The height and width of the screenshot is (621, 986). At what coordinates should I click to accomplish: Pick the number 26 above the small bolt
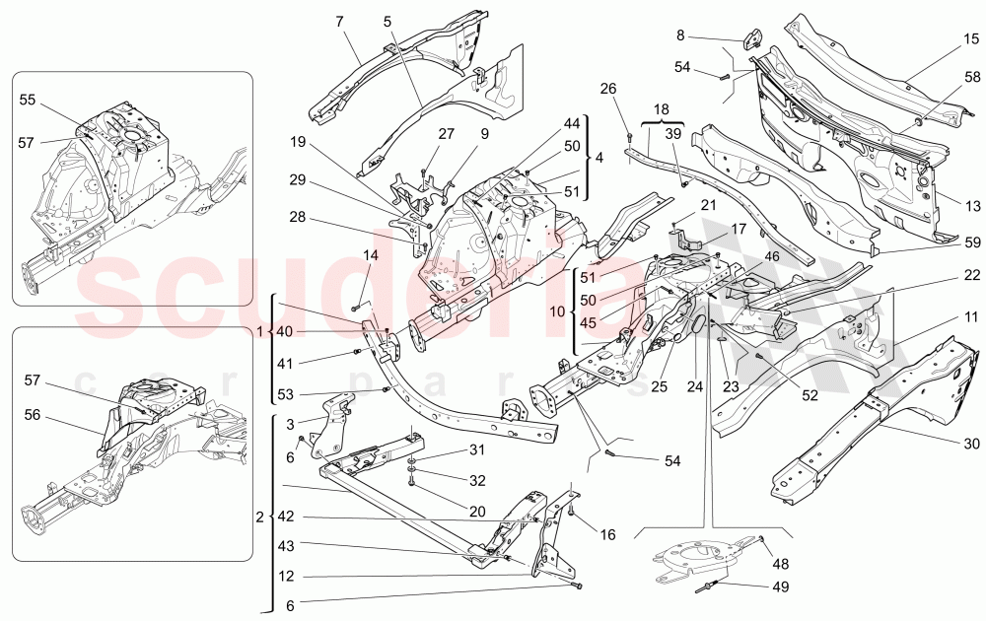click(x=608, y=88)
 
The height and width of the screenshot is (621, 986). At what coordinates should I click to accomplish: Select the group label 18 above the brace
click(x=660, y=109)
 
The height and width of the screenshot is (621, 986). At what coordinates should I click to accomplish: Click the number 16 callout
click(x=606, y=534)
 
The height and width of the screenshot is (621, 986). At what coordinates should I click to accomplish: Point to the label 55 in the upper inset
click(x=28, y=100)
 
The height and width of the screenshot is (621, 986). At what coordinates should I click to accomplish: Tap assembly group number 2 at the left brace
click(x=259, y=517)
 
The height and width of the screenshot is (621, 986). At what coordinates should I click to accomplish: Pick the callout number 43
click(x=285, y=546)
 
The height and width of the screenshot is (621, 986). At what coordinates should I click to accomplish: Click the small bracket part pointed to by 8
click(x=752, y=38)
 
